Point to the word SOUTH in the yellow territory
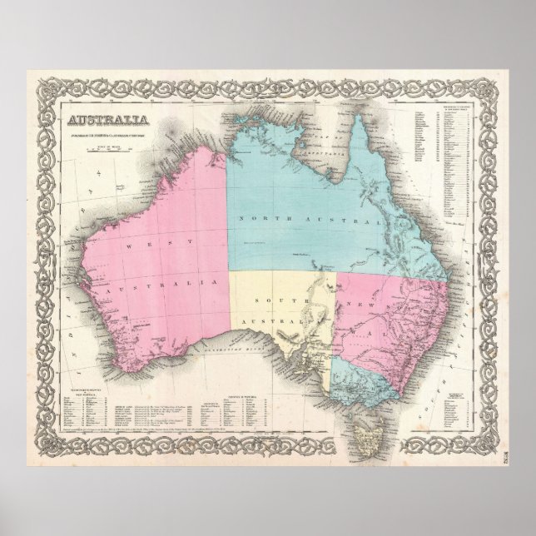pos(270,298)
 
